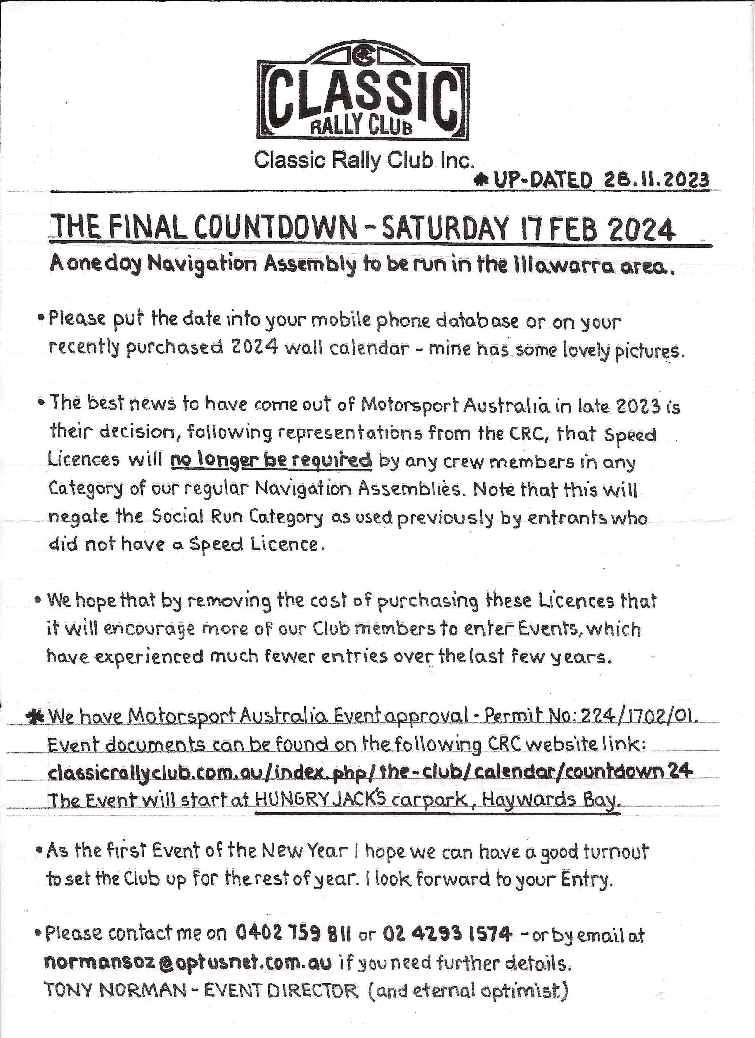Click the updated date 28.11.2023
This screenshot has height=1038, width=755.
tap(657, 180)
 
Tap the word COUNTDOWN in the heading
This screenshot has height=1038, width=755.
tap(277, 228)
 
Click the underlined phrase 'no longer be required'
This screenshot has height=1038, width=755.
tap(271, 460)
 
